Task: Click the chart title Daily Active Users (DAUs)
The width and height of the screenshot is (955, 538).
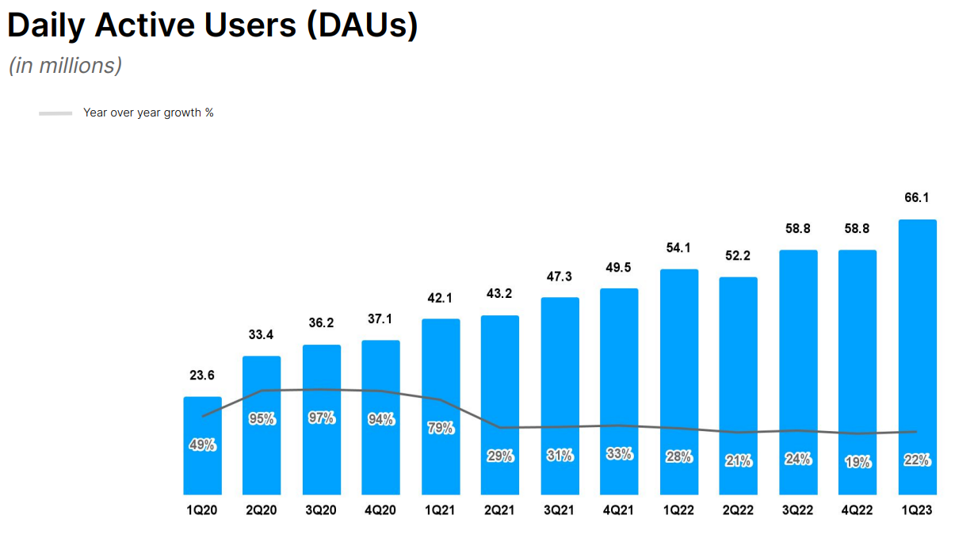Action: click(x=212, y=25)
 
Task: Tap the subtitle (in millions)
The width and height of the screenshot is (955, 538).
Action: click(x=65, y=65)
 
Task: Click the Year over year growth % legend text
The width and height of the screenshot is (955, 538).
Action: click(x=148, y=113)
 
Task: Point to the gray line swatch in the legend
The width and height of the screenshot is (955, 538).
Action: click(x=55, y=113)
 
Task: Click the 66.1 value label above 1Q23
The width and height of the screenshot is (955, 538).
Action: click(x=917, y=197)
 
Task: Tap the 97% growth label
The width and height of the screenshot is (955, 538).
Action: click(x=322, y=418)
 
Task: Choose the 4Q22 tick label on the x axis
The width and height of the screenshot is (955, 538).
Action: click(x=858, y=511)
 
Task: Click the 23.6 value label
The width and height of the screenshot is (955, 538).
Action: click(x=202, y=375)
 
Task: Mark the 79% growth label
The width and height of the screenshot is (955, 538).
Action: click(x=441, y=428)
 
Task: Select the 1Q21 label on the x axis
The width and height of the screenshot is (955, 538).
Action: click(x=441, y=511)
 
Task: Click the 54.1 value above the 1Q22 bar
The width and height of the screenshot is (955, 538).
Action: click(x=678, y=247)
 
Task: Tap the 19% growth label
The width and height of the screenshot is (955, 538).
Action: click(x=858, y=462)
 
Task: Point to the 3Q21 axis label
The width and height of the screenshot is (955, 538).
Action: click(x=560, y=511)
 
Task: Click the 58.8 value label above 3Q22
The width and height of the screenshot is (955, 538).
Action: click(x=798, y=228)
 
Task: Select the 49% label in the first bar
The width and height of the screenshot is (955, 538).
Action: click(x=202, y=445)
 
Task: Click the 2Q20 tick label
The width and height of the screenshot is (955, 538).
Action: click(x=262, y=511)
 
